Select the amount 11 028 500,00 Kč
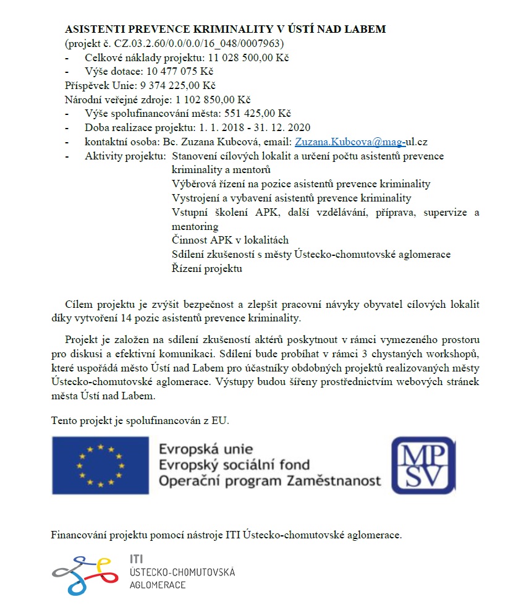click(248, 57)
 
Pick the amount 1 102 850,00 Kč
click(213, 100)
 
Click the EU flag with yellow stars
click(100, 465)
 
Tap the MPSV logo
click(423, 465)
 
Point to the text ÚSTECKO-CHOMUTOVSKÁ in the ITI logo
click(182, 572)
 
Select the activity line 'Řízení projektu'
click(206, 268)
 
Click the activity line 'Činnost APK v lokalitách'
click(230, 240)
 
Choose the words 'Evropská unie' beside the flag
click(206, 449)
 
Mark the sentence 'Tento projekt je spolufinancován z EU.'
click(140, 421)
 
